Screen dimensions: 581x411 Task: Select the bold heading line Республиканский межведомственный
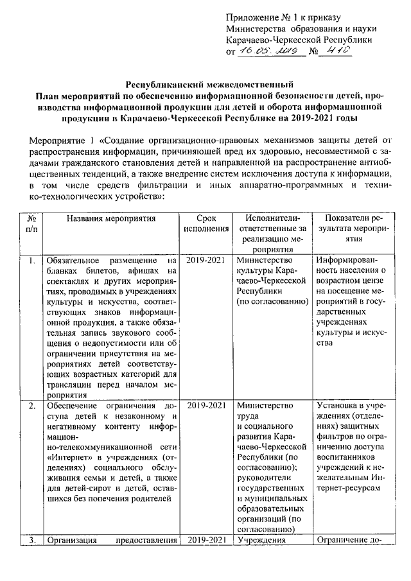[209, 84]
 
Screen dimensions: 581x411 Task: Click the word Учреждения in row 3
[261, 540]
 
